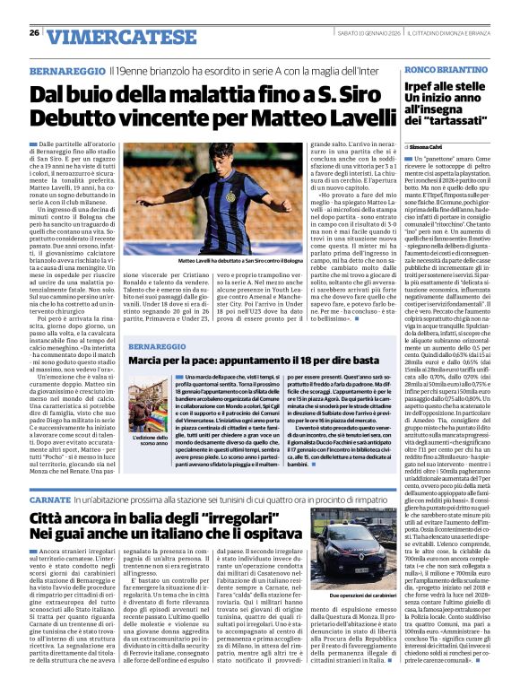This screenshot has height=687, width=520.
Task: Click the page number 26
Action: pyautogui.click(x=34, y=32)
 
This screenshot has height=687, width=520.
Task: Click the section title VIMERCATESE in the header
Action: pyautogui.click(x=110, y=35)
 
